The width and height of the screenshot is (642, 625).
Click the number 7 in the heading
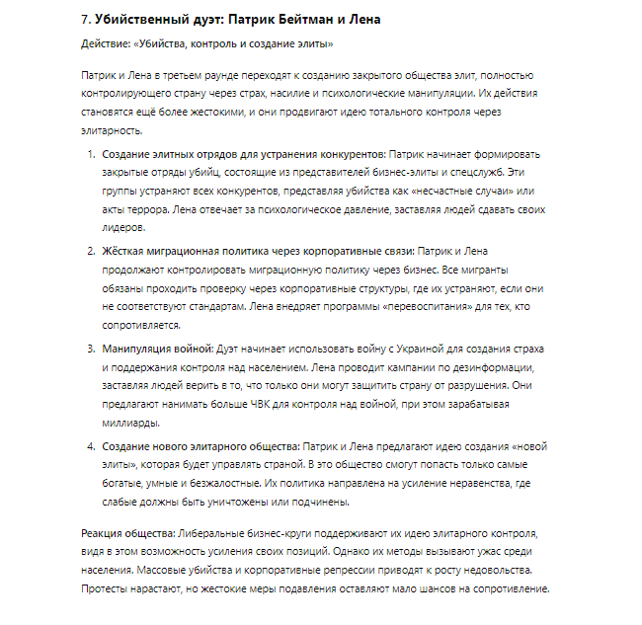[84, 20]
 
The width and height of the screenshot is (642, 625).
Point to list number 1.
[90, 156]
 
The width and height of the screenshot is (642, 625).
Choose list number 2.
[90, 252]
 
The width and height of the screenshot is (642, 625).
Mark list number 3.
[90, 350]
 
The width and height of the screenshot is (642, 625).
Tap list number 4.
[90, 445]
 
